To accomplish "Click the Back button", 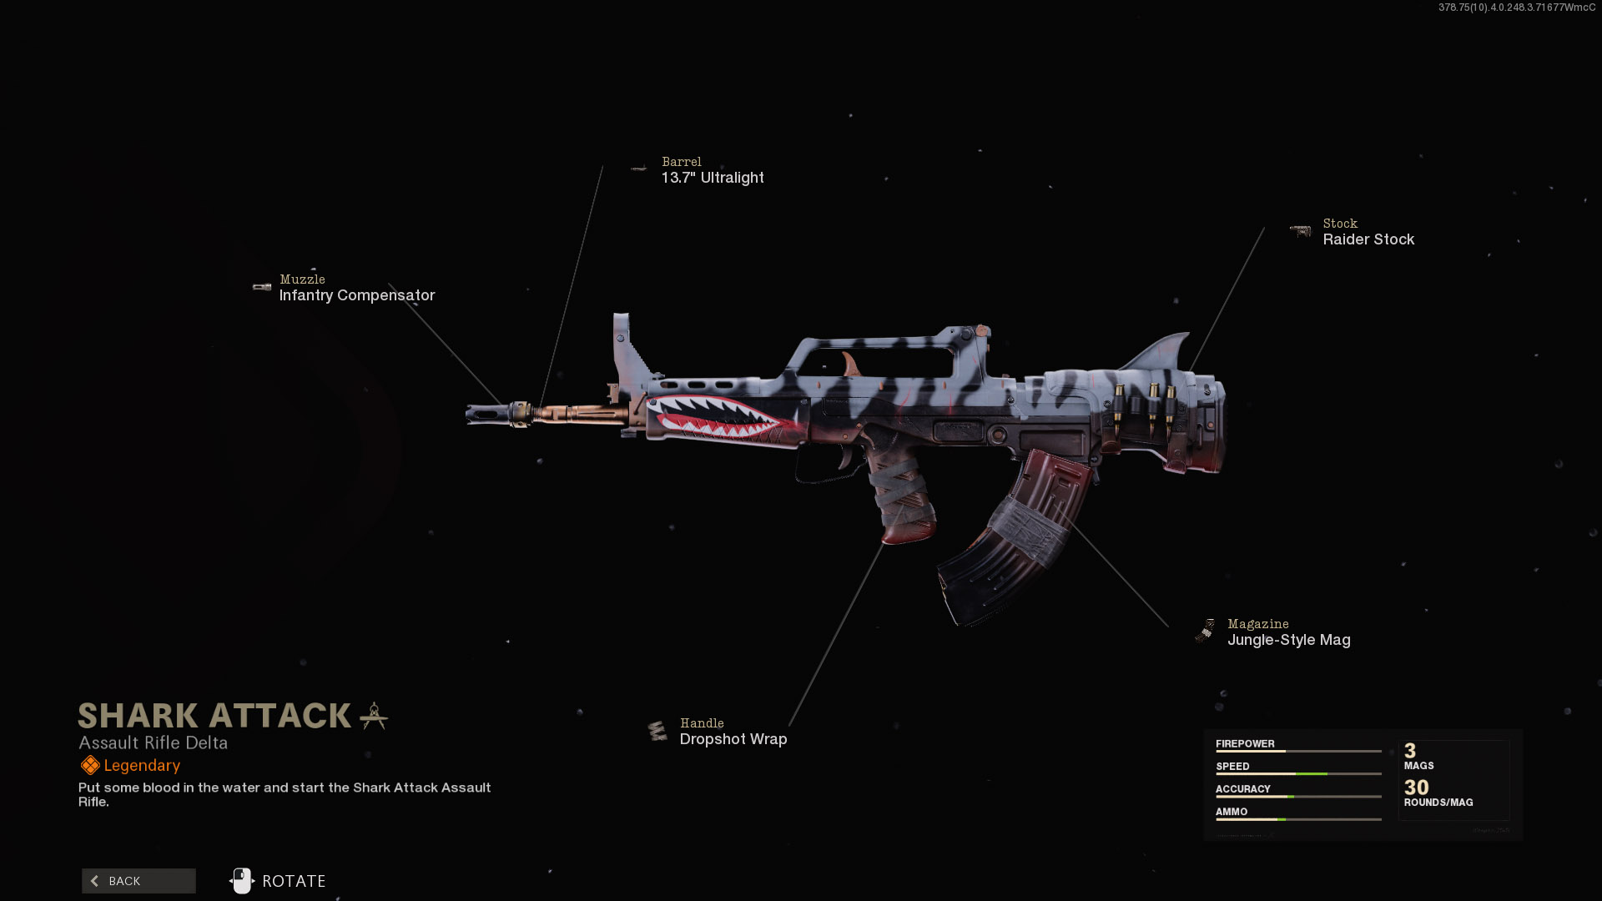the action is (139, 881).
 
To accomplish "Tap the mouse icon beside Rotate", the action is (242, 881).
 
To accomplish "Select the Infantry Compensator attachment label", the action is (357, 295).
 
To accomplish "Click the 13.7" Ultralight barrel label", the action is (713, 178).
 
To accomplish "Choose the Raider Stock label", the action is (1368, 239).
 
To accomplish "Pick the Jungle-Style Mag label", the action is (1288, 640).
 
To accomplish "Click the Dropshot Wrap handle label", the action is (733, 739).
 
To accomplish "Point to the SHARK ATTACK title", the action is (214, 716).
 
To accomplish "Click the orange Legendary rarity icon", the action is (90, 765).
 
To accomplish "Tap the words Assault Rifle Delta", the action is (153, 742).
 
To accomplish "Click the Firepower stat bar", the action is (1298, 752).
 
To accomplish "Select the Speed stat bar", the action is (1298, 774).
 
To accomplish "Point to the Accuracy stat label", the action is (1242, 788).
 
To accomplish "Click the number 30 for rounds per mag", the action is (1416, 788).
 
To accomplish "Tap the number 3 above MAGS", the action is (1410, 751).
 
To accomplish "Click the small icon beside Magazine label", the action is (1206, 632).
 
